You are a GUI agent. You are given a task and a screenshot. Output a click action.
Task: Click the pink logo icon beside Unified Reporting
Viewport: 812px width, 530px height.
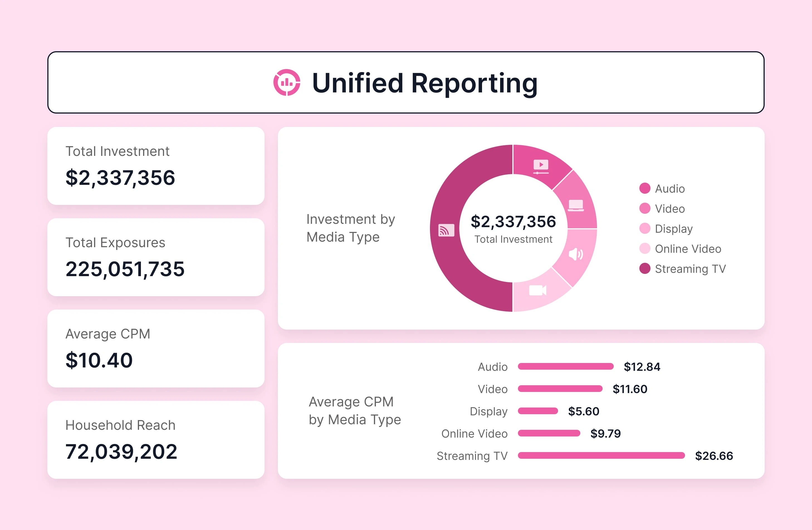pyautogui.click(x=287, y=83)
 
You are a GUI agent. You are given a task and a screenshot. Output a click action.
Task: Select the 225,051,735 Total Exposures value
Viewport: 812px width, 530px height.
pyautogui.click(x=125, y=269)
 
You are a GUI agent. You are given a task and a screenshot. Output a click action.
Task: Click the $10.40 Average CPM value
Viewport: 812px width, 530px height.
pyautogui.click(x=99, y=360)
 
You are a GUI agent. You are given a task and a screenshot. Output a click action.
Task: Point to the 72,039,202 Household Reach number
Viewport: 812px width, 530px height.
pyautogui.click(x=121, y=452)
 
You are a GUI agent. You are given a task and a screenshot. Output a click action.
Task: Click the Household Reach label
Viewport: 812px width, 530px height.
pyautogui.click(x=120, y=425)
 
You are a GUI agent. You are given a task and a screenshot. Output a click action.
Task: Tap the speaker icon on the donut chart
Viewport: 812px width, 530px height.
pyautogui.click(x=576, y=254)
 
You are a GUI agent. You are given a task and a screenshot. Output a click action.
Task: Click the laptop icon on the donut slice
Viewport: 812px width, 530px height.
pyautogui.click(x=576, y=205)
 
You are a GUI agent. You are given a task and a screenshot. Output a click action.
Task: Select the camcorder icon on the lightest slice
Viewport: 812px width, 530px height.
pyautogui.click(x=537, y=291)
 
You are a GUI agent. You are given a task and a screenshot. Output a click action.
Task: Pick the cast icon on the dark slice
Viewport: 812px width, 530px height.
pyautogui.click(x=446, y=230)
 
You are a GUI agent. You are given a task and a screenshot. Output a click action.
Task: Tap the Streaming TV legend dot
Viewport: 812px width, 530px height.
pyautogui.click(x=644, y=269)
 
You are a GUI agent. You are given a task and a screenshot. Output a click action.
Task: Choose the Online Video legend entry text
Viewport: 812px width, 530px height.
pyautogui.click(x=688, y=249)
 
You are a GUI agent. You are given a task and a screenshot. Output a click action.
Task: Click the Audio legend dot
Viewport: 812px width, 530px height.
pyautogui.click(x=644, y=188)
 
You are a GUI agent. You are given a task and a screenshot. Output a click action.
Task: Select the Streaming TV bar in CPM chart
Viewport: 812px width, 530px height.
pyautogui.click(x=601, y=456)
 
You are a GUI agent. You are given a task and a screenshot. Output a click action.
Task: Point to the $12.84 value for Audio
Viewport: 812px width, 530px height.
pyautogui.click(x=642, y=367)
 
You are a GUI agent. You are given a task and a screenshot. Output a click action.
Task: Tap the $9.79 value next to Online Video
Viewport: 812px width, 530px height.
pyautogui.click(x=605, y=433)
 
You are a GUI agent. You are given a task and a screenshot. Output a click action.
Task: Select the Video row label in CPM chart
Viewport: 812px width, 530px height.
pyautogui.click(x=492, y=389)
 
